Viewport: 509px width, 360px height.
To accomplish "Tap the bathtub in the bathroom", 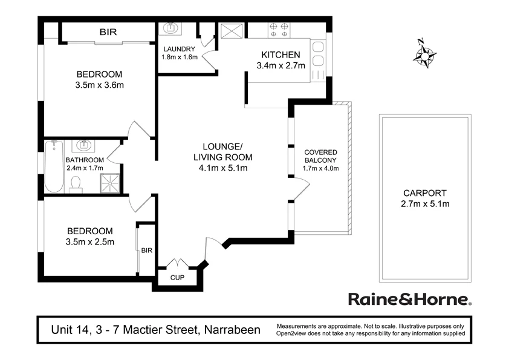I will pos(54,167).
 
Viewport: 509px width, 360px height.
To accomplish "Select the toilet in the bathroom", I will pos(76,183).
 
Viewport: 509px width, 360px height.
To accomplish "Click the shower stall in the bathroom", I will pos(110,182).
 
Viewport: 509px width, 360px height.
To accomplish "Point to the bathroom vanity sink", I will pos(82,146).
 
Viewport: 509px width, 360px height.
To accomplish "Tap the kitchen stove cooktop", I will pos(279,28).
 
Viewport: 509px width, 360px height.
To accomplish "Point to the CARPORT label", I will pos(425,194).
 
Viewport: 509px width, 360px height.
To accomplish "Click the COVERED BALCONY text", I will pos(320,155).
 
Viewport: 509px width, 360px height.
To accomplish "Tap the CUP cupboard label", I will pos(177,278).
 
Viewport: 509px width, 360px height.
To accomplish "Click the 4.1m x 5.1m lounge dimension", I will pos(222,168).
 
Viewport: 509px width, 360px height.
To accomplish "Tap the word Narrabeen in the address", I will pos(232,330).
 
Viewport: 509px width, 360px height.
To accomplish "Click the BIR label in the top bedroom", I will pos(108,31).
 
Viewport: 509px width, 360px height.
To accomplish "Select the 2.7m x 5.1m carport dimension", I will pos(425,204).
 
